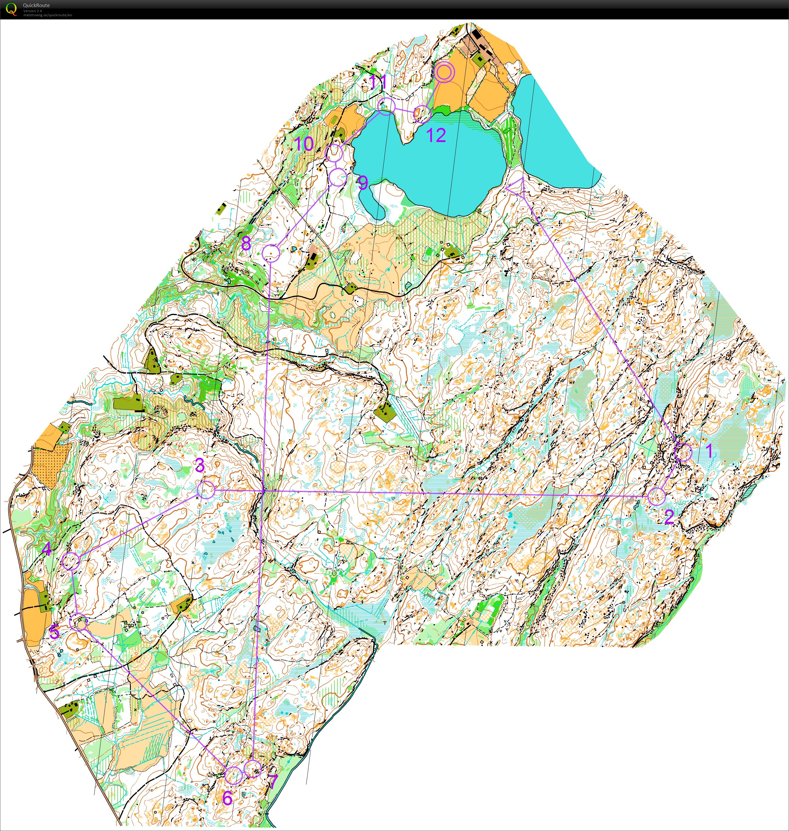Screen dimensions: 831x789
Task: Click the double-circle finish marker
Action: (x=444, y=73)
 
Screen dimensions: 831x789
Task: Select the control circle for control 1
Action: (x=683, y=452)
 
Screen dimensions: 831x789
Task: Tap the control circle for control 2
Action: (x=657, y=496)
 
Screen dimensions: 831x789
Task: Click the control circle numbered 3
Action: (x=206, y=490)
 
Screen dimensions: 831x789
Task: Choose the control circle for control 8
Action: (x=271, y=253)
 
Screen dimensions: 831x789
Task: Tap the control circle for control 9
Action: (x=338, y=177)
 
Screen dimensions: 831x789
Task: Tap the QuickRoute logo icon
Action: (x=11, y=9)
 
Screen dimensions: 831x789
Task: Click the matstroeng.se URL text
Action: (x=48, y=15)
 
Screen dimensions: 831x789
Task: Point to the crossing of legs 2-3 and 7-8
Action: (x=264, y=491)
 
